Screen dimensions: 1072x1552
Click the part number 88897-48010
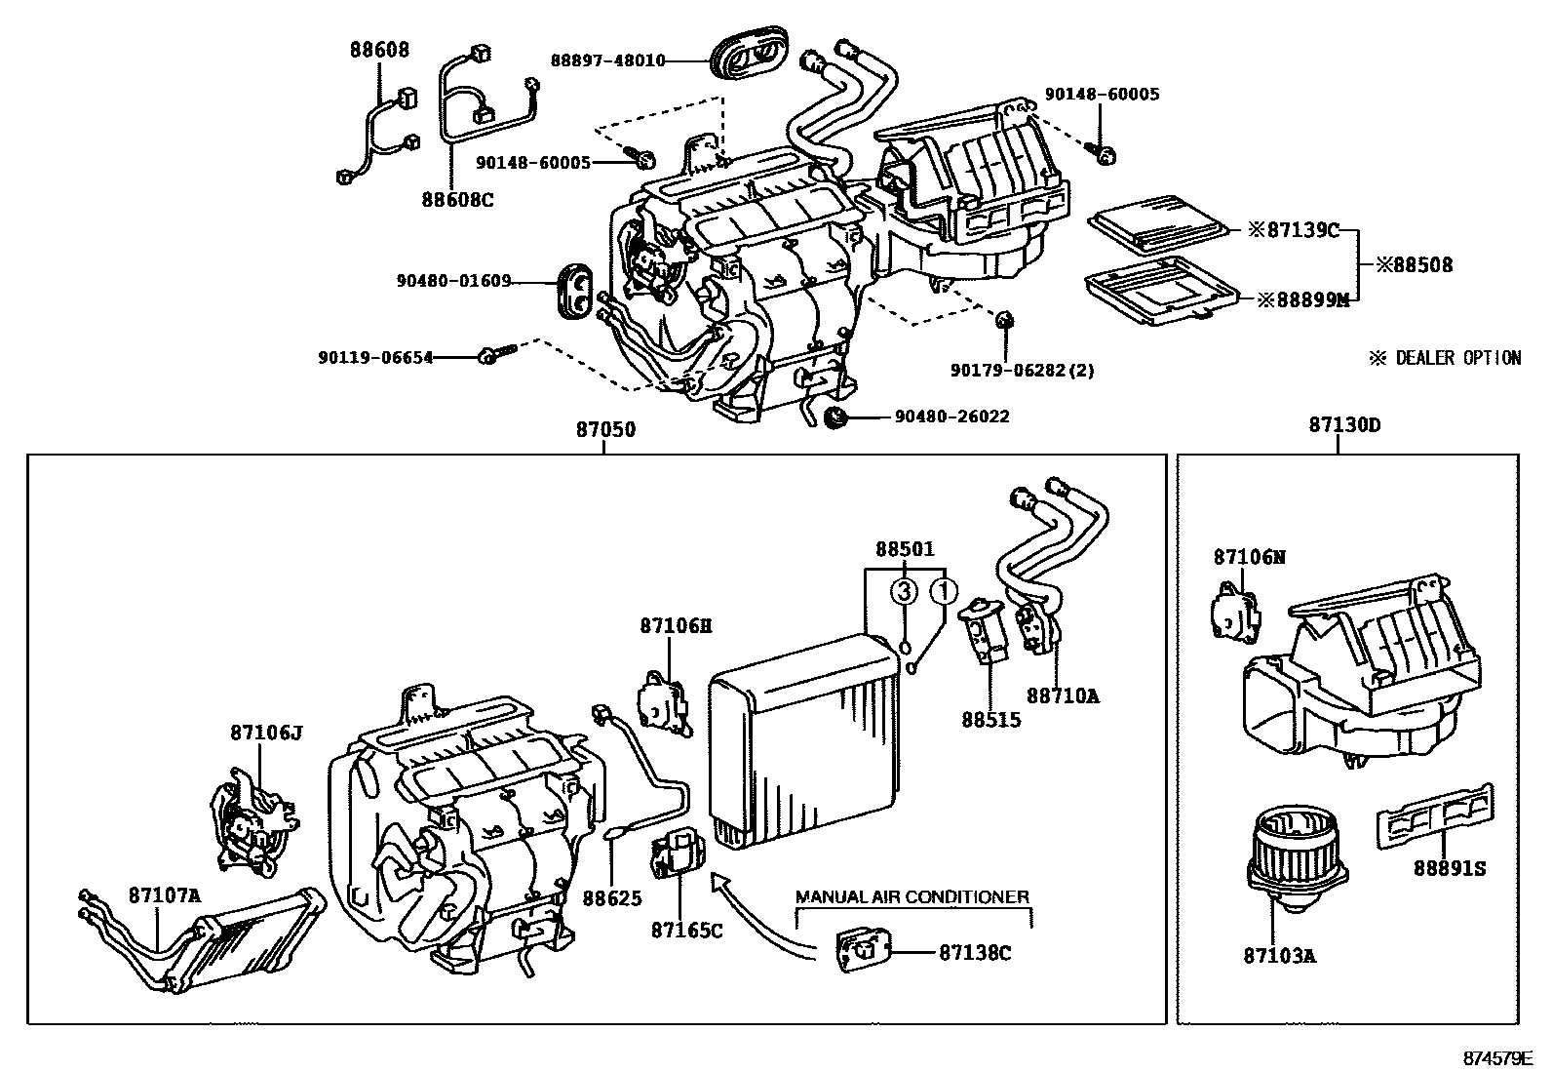(607, 60)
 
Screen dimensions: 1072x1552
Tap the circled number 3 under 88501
(905, 591)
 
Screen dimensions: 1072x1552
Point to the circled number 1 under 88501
(943, 591)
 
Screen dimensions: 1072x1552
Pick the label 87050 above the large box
(604, 427)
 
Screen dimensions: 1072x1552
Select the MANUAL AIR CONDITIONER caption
(912, 896)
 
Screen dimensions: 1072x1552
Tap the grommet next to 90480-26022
(834, 417)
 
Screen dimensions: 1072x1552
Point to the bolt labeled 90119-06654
(488, 357)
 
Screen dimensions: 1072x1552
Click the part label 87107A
(164, 894)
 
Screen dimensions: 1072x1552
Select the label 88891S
(1449, 868)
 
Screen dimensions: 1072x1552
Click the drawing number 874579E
(1496, 1057)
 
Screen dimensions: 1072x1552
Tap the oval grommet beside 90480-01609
(574, 290)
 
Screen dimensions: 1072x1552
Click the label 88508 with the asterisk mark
(1414, 264)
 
